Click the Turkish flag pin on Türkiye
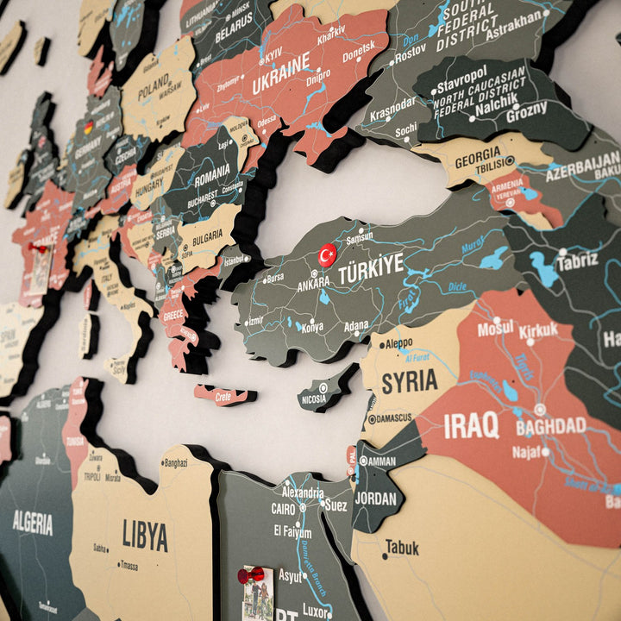[327, 254]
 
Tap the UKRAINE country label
[280, 74]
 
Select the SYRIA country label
[409, 381]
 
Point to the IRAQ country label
[471, 424]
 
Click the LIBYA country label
[145, 535]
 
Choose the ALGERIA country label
[33, 522]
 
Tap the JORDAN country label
[376, 499]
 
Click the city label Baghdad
[551, 426]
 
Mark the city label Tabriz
[577, 262]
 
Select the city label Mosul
[495, 328]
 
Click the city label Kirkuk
[538, 330]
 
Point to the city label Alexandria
[303, 493]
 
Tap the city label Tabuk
[402, 547]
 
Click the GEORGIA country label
[477, 160]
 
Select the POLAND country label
[154, 87]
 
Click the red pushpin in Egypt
[251, 574]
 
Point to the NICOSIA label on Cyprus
[314, 398]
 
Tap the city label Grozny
[526, 113]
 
